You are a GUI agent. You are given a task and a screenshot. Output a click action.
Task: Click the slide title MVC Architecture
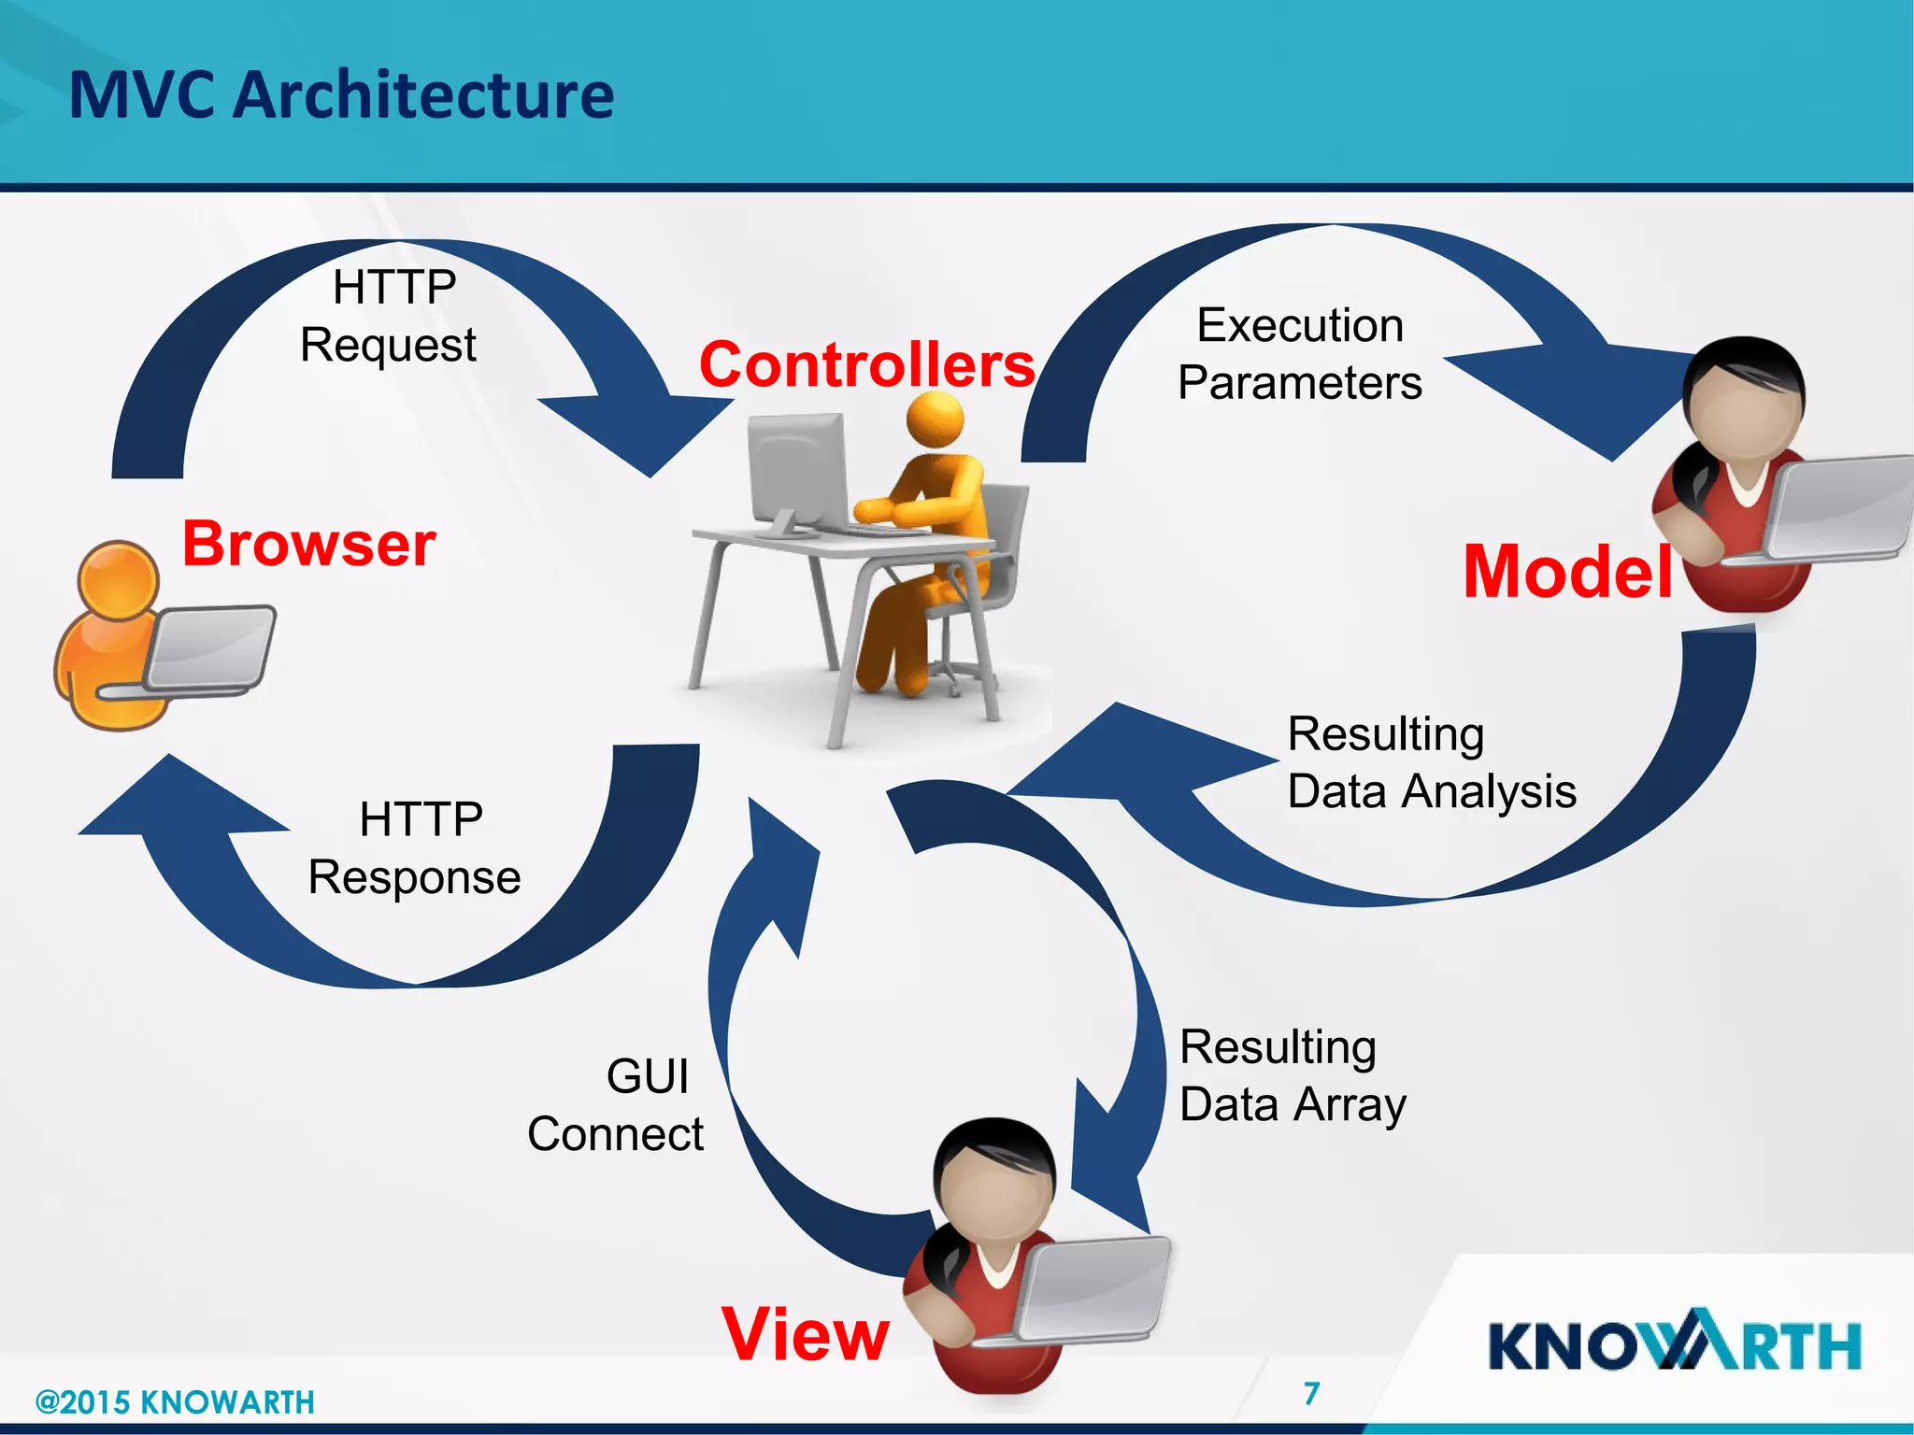(x=341, y=96)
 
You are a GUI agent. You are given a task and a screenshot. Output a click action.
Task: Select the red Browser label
(x=308, y=544)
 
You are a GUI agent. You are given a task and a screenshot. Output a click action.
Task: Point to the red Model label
(x=1567, y=572)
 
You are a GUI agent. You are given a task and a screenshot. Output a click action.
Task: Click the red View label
(x=805, y=1334)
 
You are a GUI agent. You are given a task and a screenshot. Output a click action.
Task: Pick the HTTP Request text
(x=390, y=316)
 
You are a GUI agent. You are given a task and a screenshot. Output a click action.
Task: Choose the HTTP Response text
(x=415, y=848)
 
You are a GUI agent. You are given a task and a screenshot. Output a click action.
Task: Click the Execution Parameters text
(x=1300, y=354)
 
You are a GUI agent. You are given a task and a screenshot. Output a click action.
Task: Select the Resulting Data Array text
(x=1292, y=1075)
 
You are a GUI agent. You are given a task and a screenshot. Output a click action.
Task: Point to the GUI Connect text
(x=617, y=1105)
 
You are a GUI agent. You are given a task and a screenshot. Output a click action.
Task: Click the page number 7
(x=1312, y=1393)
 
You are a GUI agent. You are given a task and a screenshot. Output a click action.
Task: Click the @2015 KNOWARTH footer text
(x=175, y=1402)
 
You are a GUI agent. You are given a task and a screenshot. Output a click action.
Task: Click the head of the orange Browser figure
(x=119, y=580)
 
